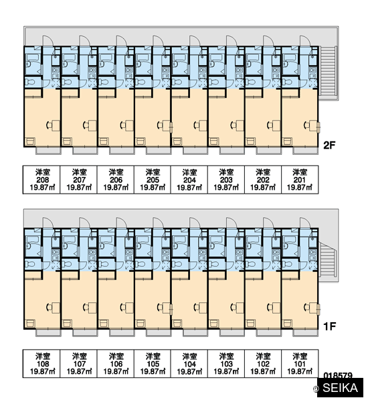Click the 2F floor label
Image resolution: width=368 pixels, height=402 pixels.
point(329,145)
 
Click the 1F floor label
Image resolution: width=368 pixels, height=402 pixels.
point(329,327)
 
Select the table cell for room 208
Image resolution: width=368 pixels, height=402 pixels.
point(41,180)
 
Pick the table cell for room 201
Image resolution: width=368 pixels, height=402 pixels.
point(300,180)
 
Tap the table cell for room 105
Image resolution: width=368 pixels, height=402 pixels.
point(153,364)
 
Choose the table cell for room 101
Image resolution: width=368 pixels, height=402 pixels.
point(300,364)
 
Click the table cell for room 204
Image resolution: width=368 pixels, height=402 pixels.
point(189,180)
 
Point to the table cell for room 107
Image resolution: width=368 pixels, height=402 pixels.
point(79,364)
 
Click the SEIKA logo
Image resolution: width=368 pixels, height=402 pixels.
point(340,388)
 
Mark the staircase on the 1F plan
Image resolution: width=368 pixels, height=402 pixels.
point(328,259)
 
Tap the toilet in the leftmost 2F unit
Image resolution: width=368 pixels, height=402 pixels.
point(31,82)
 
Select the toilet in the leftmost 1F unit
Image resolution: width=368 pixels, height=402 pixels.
point(31,264)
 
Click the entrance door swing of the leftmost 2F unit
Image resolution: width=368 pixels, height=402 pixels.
point(48,41)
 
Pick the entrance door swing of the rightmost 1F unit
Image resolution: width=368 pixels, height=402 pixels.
point(305,223)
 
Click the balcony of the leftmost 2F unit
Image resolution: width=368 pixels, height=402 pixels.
point(48,151)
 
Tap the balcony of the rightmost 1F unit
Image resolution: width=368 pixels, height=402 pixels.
point(306,333)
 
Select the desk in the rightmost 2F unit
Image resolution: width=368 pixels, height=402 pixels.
point(313,125)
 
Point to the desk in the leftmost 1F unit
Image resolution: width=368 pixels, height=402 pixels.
point(56,308)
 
